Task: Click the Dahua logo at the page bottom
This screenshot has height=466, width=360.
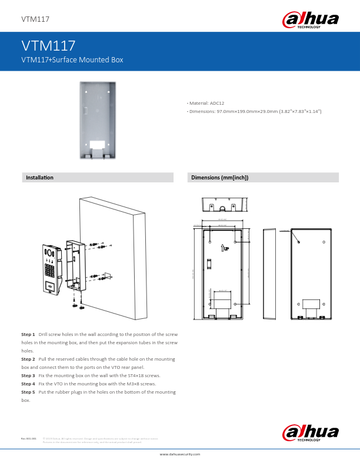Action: click(312, 432)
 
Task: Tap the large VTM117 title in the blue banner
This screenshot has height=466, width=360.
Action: click(48, 46)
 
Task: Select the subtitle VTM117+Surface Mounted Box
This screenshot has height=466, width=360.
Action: click(72, 60)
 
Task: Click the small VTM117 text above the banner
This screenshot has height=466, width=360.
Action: click(35, 19)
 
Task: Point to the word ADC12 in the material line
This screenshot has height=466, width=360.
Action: click(217, 104)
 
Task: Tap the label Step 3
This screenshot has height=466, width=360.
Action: click(28, 375)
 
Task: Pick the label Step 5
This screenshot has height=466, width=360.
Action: click(28, 391)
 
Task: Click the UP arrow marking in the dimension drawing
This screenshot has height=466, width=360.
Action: click(225, 248)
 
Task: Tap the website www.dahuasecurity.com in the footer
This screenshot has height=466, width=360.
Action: click(180, 454)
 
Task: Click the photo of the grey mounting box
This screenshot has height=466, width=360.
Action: click(98, 120)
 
